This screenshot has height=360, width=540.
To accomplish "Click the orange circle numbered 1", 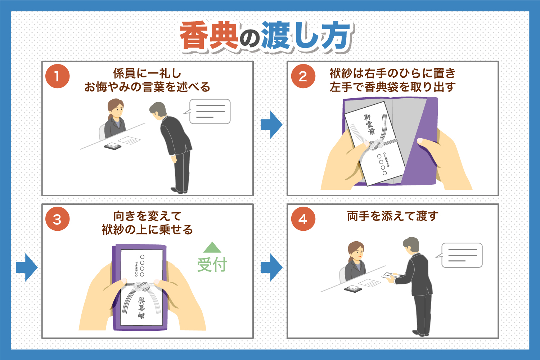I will click(57, 76).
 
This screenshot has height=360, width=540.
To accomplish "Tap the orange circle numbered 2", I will click(303, 76).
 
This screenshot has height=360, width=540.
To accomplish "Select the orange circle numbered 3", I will click(57, 219).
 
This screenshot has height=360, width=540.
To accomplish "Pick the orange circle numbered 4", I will click(303, 219).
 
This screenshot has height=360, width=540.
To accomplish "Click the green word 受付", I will click(212, 265).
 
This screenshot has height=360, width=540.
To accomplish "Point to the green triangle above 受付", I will click(212, 248).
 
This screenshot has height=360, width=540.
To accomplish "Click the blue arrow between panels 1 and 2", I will click(271, 125).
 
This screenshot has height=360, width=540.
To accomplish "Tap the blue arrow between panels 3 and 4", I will click(271, 267).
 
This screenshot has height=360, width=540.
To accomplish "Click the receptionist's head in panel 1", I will click(116, 107).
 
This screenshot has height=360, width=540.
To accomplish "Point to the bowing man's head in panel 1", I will click(158, 110).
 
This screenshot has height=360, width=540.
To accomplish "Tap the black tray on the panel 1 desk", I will click(112, 147).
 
